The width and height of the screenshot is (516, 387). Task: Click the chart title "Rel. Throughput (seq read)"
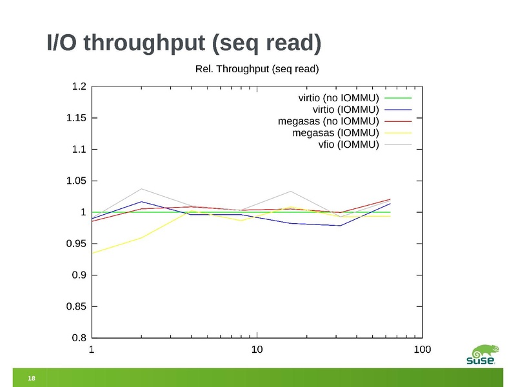(x=257, y=68)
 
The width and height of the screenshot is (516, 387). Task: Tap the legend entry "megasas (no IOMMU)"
(x=328, y=121)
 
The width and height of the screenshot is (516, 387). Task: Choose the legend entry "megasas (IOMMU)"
(x=335, y=133)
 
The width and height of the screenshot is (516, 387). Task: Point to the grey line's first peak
(x=141, y=189)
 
